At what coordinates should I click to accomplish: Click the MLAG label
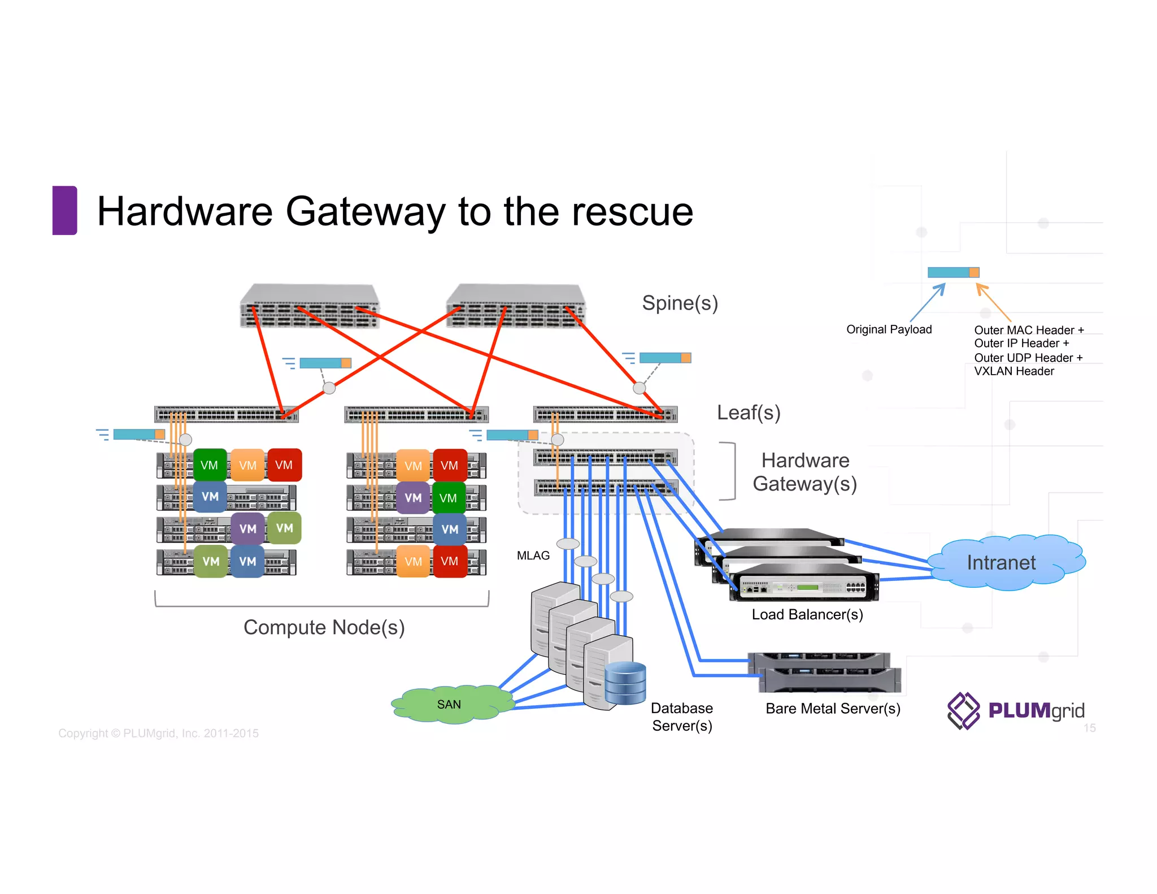(x=533, y=556)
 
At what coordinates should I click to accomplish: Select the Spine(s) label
(x=680, y=303)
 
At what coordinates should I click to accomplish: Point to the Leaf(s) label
(x=748, y=413)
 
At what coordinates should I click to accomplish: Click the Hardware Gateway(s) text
(x=804, y=472)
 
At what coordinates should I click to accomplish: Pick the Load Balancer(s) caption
(x=807, y=614)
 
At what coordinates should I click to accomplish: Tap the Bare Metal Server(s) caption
(x=832, y=709)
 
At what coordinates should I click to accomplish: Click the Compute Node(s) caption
(x=324, y=627)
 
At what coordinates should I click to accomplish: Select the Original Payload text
(x=889, y=329)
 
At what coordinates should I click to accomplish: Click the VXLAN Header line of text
(x=1014, y=371)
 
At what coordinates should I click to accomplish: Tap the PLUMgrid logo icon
(x=963, y=710)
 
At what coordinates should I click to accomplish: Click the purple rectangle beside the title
(x=64, y=210)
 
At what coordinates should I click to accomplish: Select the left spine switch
(x=309, y=306)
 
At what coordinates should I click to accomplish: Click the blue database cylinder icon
(x=625, y=684)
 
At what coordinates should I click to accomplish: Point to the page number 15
(x=1089, y=728)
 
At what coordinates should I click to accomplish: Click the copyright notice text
(x=158, y=734)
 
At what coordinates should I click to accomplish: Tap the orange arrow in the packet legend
(x=993, y=302)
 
